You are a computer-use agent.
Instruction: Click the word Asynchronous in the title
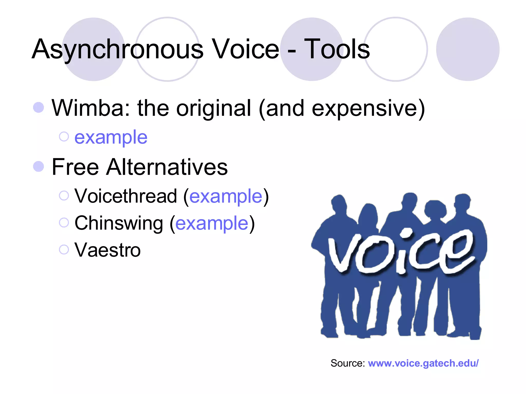(x=118, y=49)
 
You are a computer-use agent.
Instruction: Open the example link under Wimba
(x=111, y=137)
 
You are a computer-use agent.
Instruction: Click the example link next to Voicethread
(x=226, y=196)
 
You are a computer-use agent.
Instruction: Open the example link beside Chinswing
(x=212, y=223)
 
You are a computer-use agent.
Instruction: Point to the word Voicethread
(x=126, y=196)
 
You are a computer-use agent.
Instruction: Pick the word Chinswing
(x=119, y=223)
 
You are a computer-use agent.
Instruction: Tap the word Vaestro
(x=107, y=250)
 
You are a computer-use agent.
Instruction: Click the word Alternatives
(x=167, y=167)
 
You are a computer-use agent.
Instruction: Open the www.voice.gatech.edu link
(x=423, y=363)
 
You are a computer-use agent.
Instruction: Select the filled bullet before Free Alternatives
(x=39, y=166)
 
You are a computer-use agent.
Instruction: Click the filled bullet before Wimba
(x=39, y=107)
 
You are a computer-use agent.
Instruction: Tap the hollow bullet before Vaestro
(x=64, y=250)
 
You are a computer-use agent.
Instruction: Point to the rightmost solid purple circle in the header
(x=468, y=49)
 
